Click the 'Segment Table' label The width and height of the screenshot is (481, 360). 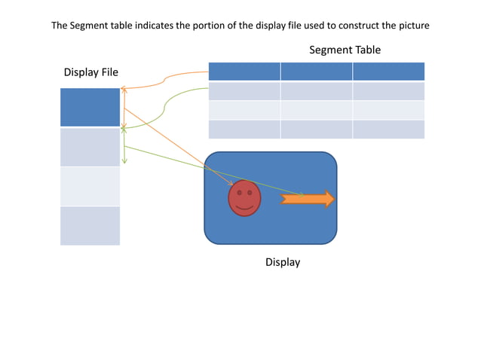(x=345, y=50)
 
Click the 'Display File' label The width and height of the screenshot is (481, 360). (x=90, y=72)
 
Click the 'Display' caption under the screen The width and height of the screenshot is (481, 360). (x=283, y=262)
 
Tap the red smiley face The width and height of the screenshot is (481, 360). (x=244, y=198)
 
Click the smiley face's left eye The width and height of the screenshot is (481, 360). (x=239, y=193)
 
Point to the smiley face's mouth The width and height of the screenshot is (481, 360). (x=244, y=206)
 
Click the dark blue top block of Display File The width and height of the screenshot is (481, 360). (x=90, y=107)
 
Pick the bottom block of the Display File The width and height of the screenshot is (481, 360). (x=90, y=225)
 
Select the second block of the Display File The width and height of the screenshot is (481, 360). (x=90, y=147)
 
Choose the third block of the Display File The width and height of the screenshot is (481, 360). (x=90, y=186)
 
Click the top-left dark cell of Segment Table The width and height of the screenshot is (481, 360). (x=244, y=72)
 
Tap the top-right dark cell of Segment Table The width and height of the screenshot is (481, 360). (x=388, y=72)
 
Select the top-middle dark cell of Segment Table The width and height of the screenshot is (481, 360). (x=316, y=72)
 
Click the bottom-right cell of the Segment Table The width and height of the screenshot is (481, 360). (x=388, y=129)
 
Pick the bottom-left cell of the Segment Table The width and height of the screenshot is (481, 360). (x=244, y=129)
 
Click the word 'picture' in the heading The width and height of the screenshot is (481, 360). (x=412, y=25)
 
